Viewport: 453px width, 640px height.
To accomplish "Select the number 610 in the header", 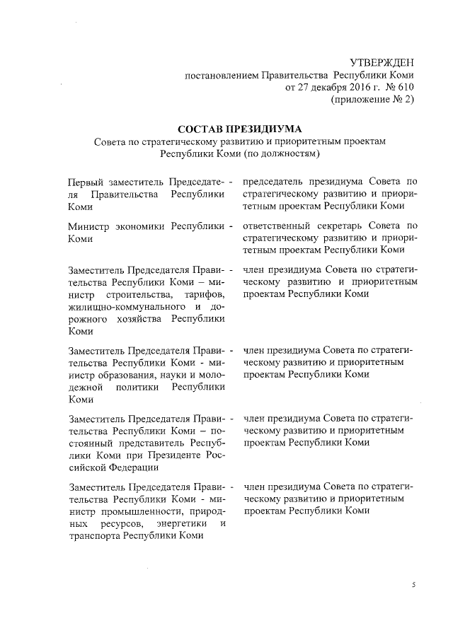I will (404, 88).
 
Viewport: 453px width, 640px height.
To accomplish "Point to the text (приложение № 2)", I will (372, 100).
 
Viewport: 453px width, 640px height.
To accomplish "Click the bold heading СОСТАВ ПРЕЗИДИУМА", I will (241, 129).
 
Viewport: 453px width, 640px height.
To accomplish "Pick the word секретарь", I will (350, 227).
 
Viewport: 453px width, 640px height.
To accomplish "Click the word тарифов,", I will (204, 293).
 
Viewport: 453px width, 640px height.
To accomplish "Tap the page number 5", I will (415, 586).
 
